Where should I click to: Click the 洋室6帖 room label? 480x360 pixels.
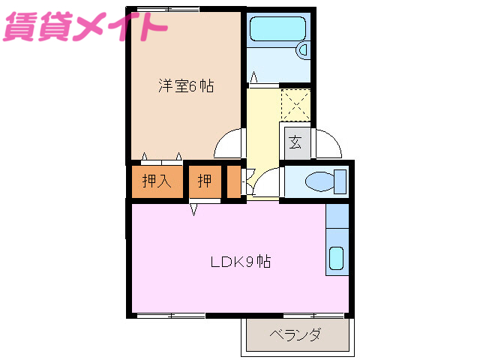[185, 86]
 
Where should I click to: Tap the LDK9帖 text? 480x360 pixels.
[240, 262]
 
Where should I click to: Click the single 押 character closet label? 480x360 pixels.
[204, 181]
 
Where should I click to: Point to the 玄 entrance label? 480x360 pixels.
[295, 142]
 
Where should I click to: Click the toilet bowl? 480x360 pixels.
[319, 181]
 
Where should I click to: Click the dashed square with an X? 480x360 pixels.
[295, 103]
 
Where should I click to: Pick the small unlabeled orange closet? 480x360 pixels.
[234, 181]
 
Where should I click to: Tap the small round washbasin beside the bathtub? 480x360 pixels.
[304, 49]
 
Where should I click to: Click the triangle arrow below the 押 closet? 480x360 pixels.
[193, 209]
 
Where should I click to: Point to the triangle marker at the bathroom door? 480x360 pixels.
[254, 76]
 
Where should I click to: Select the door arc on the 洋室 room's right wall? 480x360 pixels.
[230, 144]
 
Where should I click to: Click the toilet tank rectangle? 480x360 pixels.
[340, 181]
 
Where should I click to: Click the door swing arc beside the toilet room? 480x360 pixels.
[268, 183]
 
